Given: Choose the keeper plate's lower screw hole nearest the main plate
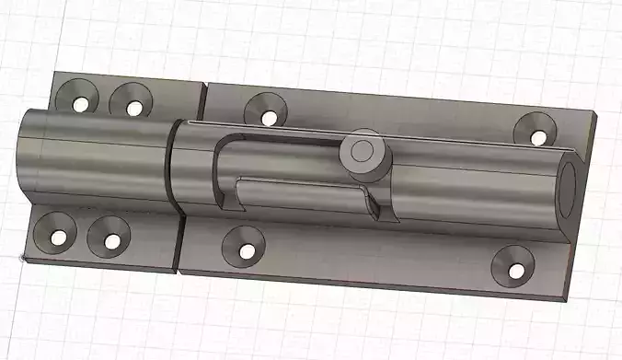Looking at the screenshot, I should point(111,242).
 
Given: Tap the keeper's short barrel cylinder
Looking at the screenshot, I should point(92,157).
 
